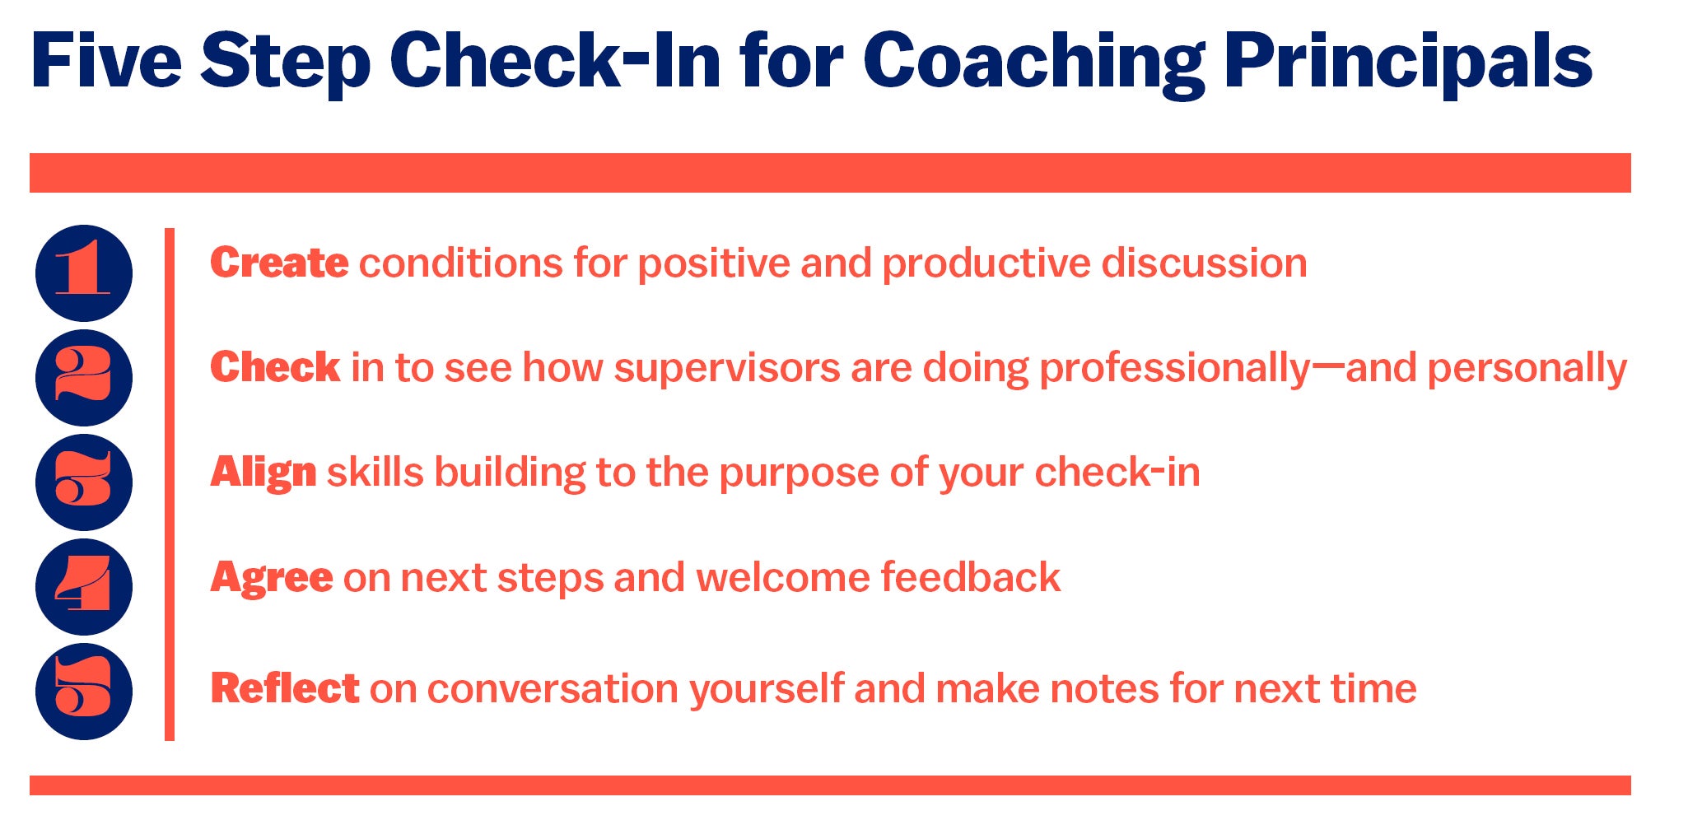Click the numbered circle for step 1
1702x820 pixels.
point(84,273)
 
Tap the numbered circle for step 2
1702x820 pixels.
point(84,378)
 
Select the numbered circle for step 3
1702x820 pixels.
point(84,482)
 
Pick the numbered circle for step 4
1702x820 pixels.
point(84,587)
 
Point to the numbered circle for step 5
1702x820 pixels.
point(84,692)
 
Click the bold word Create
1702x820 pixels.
point(279,263)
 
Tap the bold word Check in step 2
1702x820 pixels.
point(275,367)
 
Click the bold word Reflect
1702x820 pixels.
point(285,688)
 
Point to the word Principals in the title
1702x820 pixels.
point(1408,63)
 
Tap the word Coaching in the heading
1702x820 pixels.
point(1034,64)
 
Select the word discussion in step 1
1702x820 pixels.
point(1205,263)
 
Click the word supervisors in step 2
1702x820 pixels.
point(727,369)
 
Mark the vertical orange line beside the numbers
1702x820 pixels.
point(170,484)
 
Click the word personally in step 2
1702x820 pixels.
point(1527,370)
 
